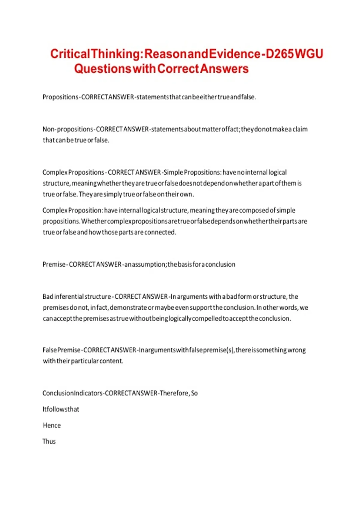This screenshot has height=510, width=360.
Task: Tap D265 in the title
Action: tap(280, 54)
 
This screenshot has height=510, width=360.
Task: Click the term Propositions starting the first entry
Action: tap(60, 97)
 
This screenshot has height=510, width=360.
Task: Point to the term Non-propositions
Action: tap(68, 129)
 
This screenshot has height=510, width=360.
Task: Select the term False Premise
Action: tap(61, 350)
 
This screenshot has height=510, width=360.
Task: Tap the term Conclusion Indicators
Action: tap(72, 393)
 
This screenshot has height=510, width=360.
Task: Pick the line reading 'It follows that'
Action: tap(61, 409)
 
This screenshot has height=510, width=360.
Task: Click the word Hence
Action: tap(52, 425)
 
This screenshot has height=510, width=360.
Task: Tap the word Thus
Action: tap(49, 442)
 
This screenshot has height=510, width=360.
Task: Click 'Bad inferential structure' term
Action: tap(76, 297)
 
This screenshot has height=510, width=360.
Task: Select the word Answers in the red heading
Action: tap(224, 69)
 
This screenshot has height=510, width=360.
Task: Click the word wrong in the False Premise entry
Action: tap(297, 350)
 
